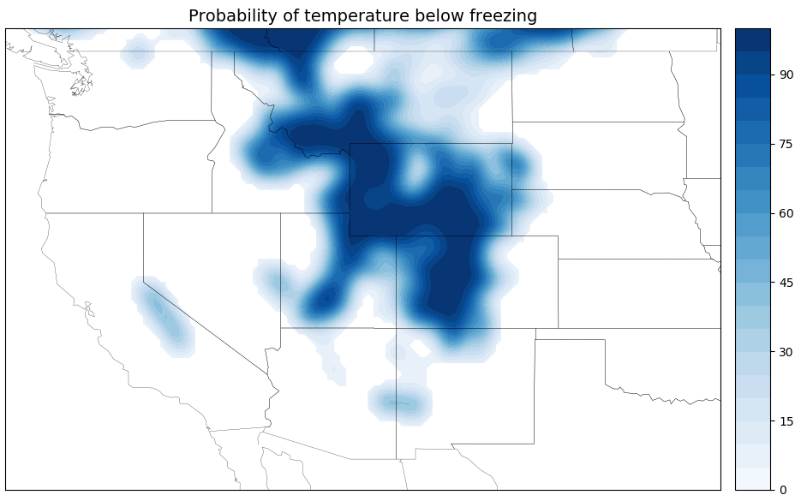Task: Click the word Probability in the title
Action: tap(227, 16)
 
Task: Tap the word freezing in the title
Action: tap(506, 16)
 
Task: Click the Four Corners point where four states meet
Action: tap(396, 328)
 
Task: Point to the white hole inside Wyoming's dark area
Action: tap(416, 169)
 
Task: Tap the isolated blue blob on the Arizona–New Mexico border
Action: tap(398, 403)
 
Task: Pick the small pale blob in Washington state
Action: tap(136, 53)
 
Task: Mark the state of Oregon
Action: tap(129, 167)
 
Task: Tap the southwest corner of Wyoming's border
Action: tap(350, 236)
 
